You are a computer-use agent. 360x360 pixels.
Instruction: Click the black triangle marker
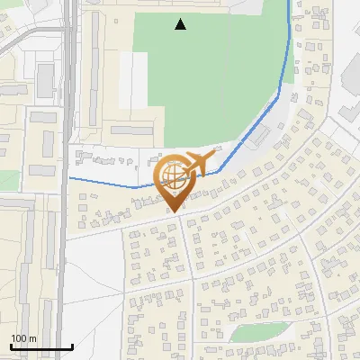pos(181,24)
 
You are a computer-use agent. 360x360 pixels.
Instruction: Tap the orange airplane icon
pos(199,163)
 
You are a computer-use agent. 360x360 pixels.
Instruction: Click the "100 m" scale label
pos(22,338)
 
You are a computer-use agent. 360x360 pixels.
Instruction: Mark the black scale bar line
pos(41,347)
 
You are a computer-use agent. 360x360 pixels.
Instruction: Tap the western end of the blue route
pos(70,178)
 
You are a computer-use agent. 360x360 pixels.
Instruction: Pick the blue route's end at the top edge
pos(289,2)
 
